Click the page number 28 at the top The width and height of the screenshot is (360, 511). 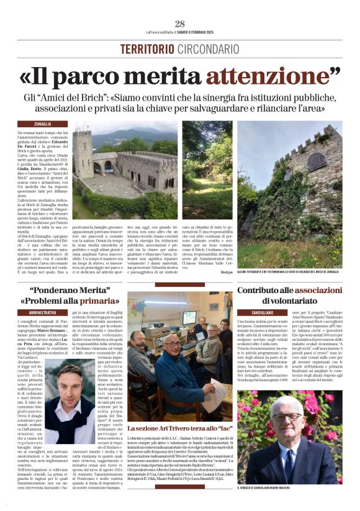pyautogui.click(x=180, y=24)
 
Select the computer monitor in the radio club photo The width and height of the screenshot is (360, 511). pyautogui.click(x=187, y=317)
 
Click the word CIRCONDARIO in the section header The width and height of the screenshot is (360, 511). pyautogui.click(x=208, y=48)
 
